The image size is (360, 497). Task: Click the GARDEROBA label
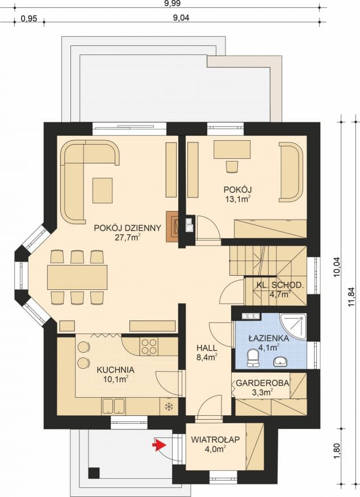pyautogui.click(x=263, y=382)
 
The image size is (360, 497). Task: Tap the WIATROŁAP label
pyautogui.click(x=214, y=439)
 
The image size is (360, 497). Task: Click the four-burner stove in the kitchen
pyautogui.click(x=149, y=346)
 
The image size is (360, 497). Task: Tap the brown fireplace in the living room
pyautogui.click(x=172, y=226)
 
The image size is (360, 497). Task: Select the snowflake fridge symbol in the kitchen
pyautogui.click(x=168, y=406)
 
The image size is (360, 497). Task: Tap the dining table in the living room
pyautogui.click(x=77, y=277)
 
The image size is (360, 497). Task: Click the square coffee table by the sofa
pyautogui.click(x=103, y=191)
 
